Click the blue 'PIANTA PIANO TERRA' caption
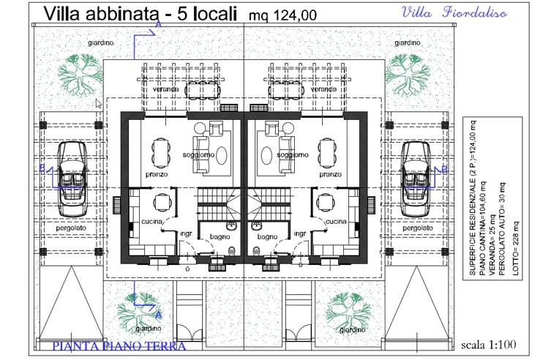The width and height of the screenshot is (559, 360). click(120, 345)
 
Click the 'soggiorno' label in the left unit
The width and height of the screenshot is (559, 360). click(199, 155)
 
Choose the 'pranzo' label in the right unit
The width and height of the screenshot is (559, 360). click(331, 175)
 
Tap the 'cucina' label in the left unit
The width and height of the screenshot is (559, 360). click(151, 221)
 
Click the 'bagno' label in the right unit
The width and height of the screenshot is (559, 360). click(268, 236)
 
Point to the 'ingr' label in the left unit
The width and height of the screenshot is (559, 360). click(187, 234)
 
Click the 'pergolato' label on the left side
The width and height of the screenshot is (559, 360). click(71, 228)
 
